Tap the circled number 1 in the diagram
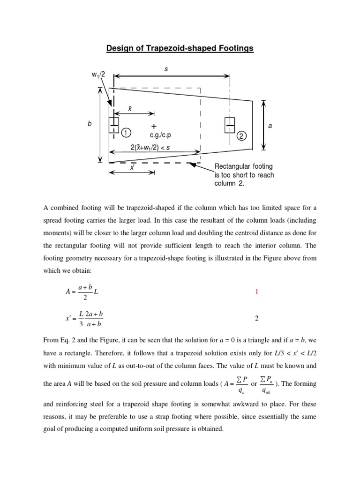click(126, 133)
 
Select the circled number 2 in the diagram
click(241, 136)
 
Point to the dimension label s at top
click(165, 69)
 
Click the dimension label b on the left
click(90, 125)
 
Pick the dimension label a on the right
click(270, 126)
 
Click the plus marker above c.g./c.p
click(154, 127)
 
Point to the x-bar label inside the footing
click(130, 108)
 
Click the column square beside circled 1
click(113, 125)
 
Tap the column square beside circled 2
click(229, 125)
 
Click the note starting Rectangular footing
click(244, 175)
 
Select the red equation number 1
click(256, 292)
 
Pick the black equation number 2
click(256, 318)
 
